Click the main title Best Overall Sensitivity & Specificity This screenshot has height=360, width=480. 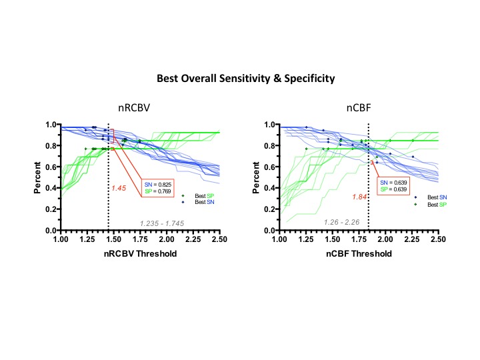click(x=245, y=79)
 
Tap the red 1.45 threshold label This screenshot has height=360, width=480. click(x=119, y=188)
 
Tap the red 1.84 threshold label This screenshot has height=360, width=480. click(x=360, y=197)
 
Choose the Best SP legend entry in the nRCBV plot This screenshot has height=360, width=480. click(x=201, y=195)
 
